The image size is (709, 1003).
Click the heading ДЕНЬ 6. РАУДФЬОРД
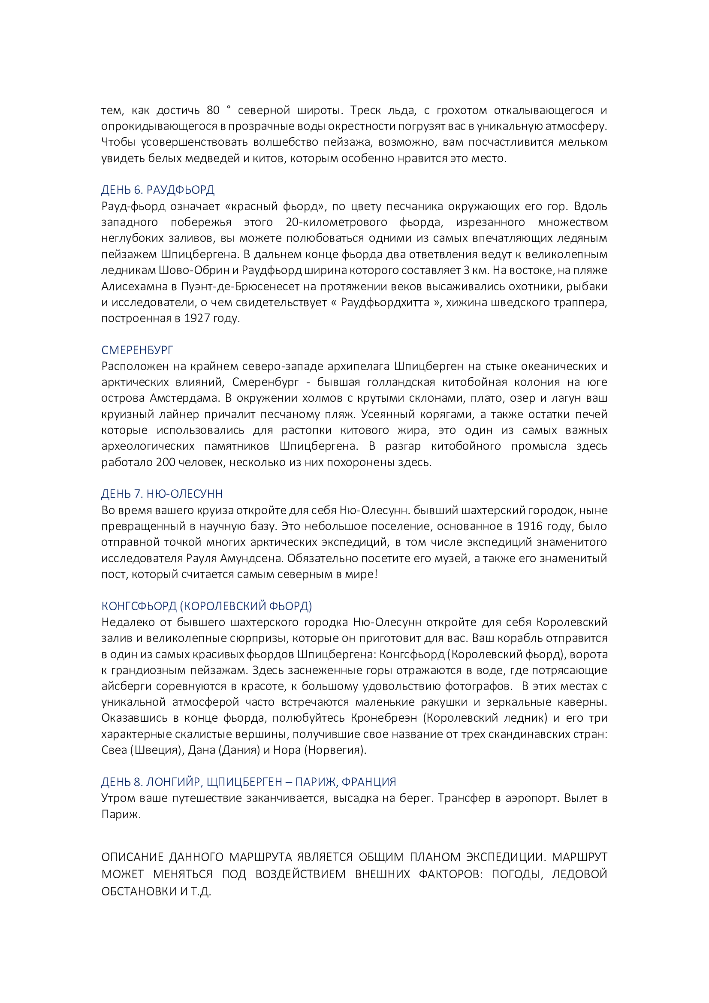tap(158, 190)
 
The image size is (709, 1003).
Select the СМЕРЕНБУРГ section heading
tap(137, 350)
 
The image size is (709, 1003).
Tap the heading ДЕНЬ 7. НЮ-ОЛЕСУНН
tap(162, 494)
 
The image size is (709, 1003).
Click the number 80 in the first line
tap(213, 110)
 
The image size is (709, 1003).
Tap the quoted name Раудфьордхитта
tap(385, 303)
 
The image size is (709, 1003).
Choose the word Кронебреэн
tap(384, 718)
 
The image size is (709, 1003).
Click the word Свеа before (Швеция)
tap(114, 750)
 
